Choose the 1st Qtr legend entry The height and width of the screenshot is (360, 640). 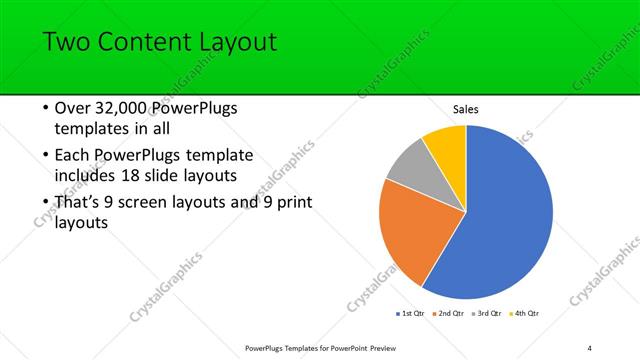[411, 313]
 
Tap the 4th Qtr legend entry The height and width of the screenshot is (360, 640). [526, 313]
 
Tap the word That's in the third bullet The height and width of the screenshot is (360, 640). [80, 203]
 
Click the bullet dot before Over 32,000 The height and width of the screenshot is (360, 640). [45, 109]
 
